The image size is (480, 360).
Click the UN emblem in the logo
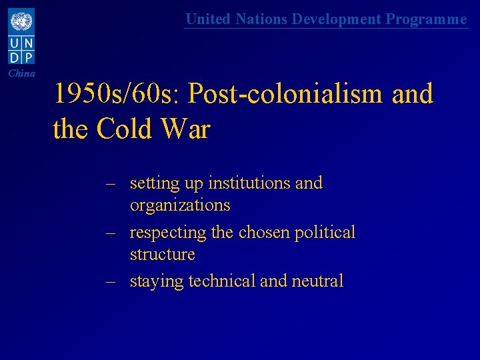point(21,21)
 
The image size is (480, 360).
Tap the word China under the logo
point(22,73)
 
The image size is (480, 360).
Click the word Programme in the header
point(427,19)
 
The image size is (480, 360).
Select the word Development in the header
point(337,19)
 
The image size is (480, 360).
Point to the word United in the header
point(207,19)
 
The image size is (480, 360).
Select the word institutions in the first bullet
point(249,183)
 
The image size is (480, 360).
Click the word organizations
point(180,205)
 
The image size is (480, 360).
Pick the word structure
point(162,255)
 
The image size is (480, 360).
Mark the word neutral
point(317,281)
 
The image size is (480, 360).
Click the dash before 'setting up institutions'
point(111,183)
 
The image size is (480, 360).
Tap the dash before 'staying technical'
point(111,281)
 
